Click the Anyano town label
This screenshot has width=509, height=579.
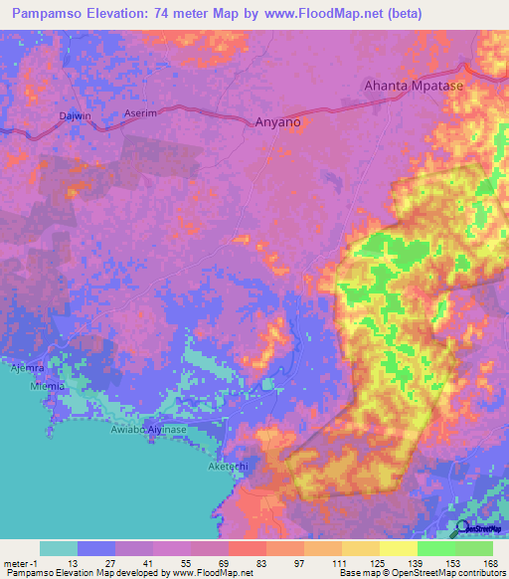pyautogui.click(x=272, y=122)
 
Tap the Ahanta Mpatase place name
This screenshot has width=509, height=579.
pyautogui.click(x=415, y=86)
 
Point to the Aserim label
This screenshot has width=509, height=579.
pyautogui.click(x=141, y=114)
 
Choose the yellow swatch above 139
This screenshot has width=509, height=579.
pyautogui.click(x=398, y=548)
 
